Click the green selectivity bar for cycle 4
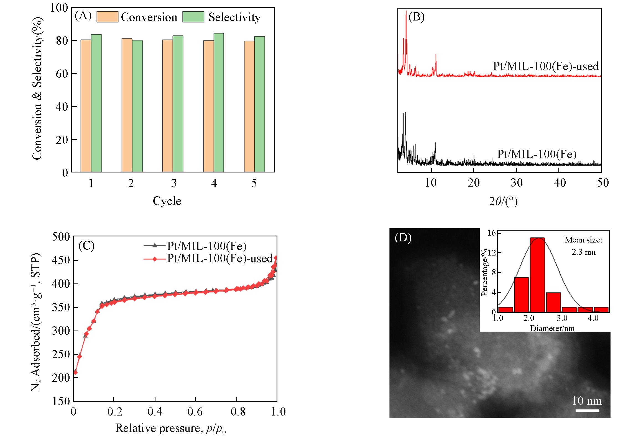(x=219, y=102)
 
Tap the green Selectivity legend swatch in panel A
(x=193, y=17)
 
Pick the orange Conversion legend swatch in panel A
(x=107, y=17)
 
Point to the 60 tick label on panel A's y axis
(x=62, y=74)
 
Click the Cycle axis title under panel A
(x=167, y=201)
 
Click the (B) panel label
(x=417, y=17)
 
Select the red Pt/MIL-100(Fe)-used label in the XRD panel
(x=546, y=66)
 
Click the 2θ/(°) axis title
(x=503, y=202)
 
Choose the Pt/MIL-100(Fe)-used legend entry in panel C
(x=219, y=258)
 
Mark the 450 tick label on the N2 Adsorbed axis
(x=61, y=260)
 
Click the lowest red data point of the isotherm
(x=75, y=372)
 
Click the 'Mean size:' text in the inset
(x=583, y=240)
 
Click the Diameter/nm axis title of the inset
(x=552, y=328)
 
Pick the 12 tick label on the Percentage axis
(x=491, y=252)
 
